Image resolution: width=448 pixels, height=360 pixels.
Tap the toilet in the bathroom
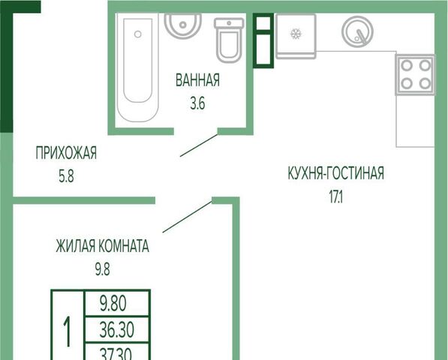(229, 40)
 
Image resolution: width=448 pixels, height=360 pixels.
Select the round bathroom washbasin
(183, 25)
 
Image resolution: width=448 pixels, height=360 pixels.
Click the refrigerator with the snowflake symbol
(296, 36)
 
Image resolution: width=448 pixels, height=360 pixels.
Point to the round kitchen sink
(358, 31)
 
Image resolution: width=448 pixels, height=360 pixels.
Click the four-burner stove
(415, 74)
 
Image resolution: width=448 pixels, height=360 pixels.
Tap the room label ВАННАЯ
(197, 80)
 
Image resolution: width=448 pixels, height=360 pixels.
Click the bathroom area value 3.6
(197, 103)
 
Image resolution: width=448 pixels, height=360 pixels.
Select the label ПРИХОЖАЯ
(66, 153)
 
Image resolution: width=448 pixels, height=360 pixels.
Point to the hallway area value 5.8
(66, 176)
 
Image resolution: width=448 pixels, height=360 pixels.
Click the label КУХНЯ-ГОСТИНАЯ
(336, 172)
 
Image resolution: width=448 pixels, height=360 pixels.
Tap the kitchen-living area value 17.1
(336, 196)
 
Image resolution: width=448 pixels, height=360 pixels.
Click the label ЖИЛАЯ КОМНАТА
(103, 246)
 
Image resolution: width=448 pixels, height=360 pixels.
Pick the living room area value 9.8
(103, 269)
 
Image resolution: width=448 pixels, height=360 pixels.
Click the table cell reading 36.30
(117, 330)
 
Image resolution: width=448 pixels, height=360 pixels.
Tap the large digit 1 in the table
(67, 332)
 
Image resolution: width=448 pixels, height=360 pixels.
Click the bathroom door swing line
(199, 145)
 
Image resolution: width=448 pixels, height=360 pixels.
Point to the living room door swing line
(188, 217)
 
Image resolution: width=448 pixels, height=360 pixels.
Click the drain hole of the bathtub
(138, 34)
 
